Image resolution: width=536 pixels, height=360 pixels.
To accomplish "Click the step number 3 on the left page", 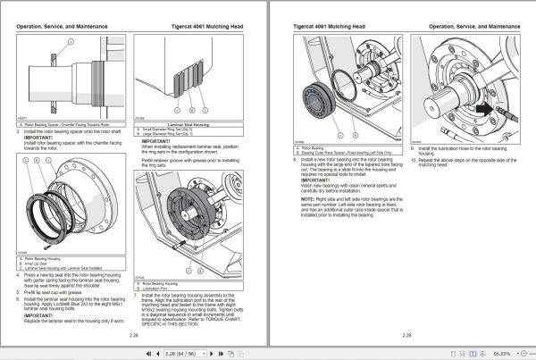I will click(x=18, y=130).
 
